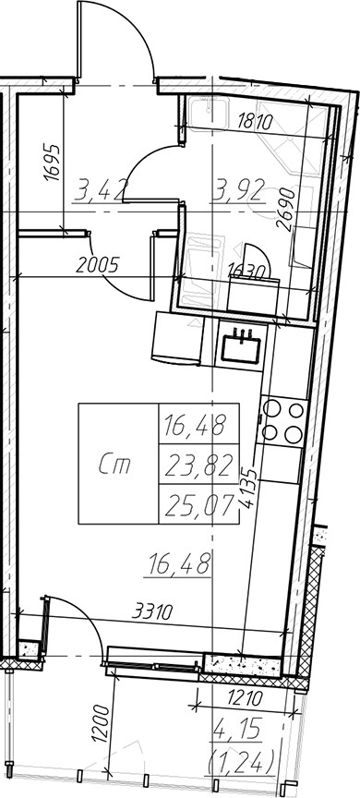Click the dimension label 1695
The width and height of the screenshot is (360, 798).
[x=52, y=163]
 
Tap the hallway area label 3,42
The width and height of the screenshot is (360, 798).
[x=99, y=191]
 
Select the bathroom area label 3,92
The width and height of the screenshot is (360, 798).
[x=238, y=191]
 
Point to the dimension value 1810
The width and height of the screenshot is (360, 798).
[x=256, y=122]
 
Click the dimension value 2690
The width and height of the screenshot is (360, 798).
[x=287, y=209]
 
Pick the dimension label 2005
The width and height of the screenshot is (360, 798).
[x=97, y=265]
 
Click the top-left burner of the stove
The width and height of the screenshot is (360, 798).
[x=271, y=408]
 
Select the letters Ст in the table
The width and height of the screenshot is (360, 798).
[x=114, y=465]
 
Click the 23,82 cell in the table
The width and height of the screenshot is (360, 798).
[x=198, y=465]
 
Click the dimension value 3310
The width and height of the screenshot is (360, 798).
[x=152, y=611]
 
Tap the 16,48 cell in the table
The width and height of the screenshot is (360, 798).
[x=198, y=425]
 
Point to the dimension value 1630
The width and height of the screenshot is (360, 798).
[x=247, y=270]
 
